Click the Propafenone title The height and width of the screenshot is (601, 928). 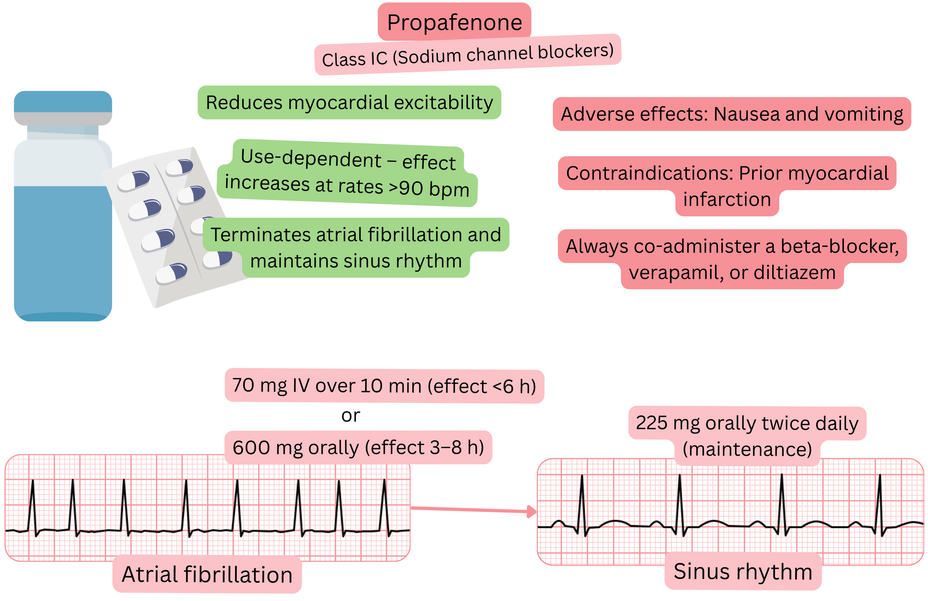click(x=454, y=22)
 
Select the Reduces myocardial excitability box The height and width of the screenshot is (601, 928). click(x=349, y=102)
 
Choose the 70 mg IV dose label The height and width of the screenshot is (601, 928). click(x=384, y=386)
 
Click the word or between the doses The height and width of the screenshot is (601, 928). click(x=350, y=415)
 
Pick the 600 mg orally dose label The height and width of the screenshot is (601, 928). click(x=358, y=448)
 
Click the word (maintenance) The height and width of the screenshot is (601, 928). click(x=747, y=449)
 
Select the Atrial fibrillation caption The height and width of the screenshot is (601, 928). click(x=207, y=575)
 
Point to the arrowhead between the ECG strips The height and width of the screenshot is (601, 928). click(x=532, y=511)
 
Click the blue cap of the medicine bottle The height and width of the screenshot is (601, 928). click(x=63, y=101)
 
